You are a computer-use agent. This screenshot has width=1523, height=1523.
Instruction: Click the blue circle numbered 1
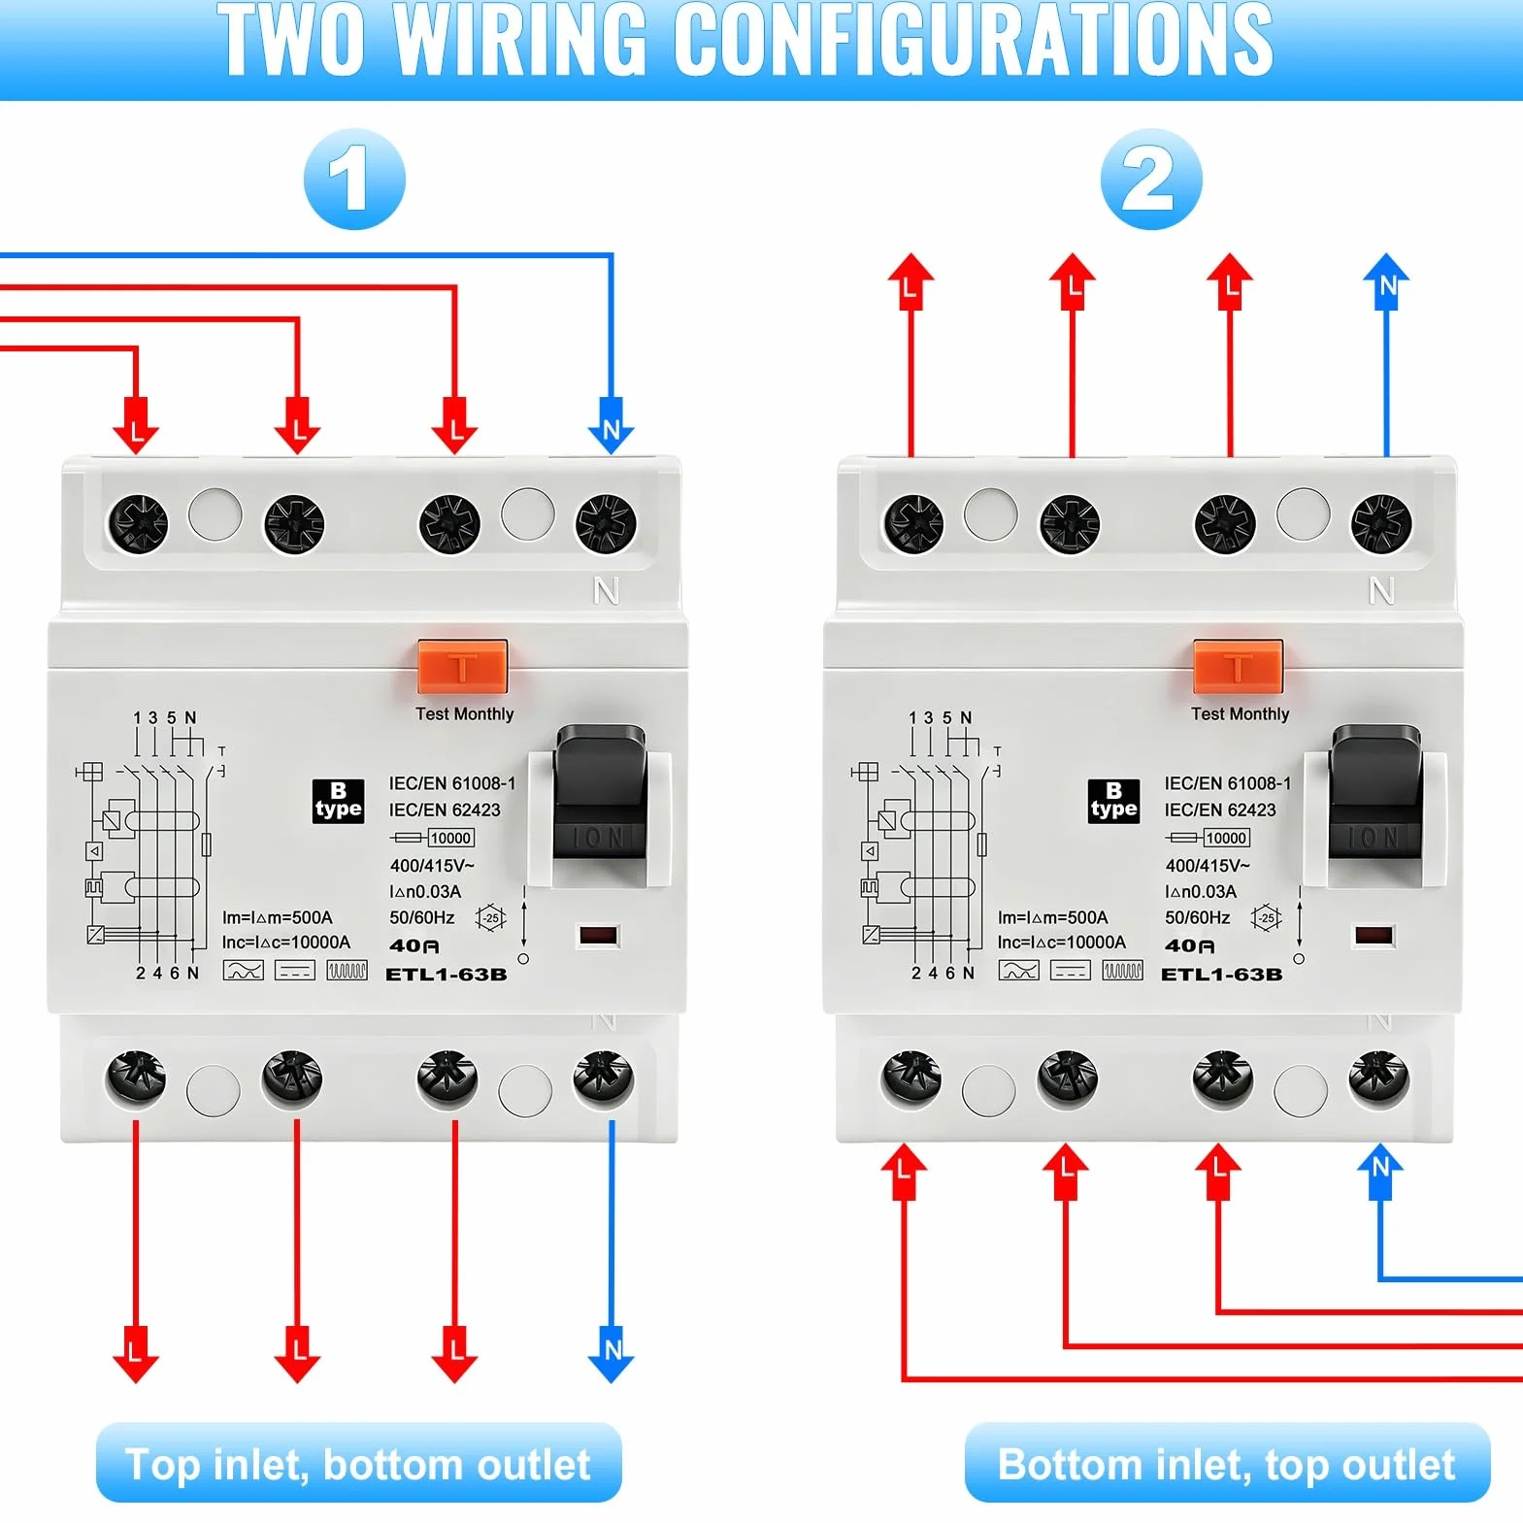coord(354,180)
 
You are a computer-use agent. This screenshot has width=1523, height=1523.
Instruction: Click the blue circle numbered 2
coord(1151,180)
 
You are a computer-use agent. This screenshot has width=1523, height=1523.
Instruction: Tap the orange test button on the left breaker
coord(463,666)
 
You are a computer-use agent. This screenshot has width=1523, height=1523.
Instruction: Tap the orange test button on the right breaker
coord(1239,666)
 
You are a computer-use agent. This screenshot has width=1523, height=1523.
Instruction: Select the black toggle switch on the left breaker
coord(600,793)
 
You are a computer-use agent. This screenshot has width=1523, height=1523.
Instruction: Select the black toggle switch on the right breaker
coord(1375,793)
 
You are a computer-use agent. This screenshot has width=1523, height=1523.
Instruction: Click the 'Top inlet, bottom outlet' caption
coord(358,1464)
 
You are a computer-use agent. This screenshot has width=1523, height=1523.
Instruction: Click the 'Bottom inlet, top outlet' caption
coord(1227,1464)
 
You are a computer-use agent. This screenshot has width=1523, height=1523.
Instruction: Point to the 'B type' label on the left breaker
coord(338,801)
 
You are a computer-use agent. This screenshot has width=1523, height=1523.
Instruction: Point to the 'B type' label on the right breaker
coord(1113,801)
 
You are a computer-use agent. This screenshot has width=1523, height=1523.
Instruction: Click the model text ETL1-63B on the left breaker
coord(447,974)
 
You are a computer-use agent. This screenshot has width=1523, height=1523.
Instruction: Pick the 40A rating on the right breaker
coord(1189,945)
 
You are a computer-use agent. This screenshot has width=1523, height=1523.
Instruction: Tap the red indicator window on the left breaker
coord(598,936)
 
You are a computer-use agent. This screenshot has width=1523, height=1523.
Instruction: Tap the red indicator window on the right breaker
coord(1374,936)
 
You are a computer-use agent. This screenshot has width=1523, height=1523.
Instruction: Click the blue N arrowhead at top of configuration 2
coord(1386,281)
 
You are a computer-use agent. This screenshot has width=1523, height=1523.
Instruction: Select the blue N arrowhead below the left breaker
coord(612,1354)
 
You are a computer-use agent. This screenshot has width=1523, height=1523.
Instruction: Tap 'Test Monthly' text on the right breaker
coord(1240,713)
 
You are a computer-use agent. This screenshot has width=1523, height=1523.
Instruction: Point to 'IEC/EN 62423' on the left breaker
coord(445,810)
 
